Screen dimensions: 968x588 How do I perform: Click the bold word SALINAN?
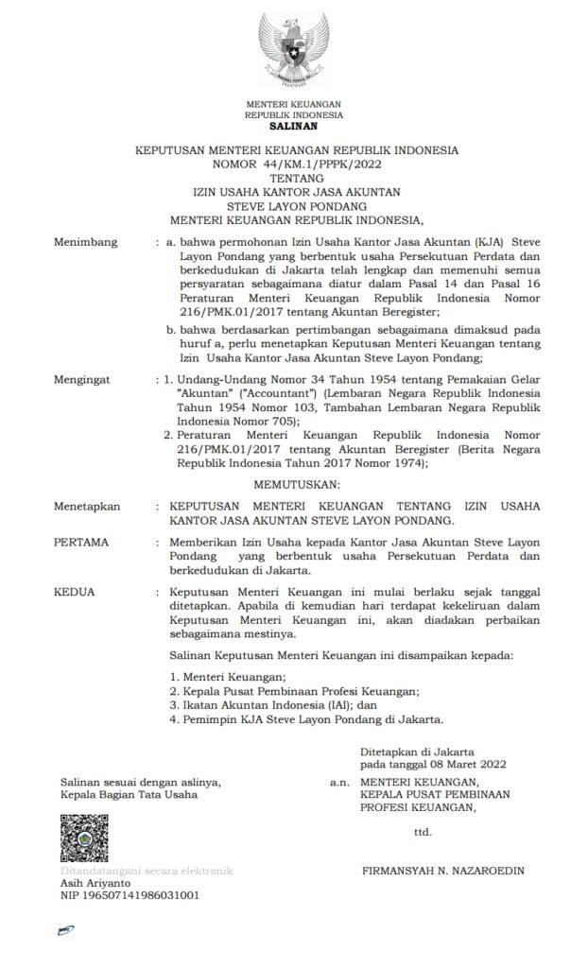tap(293, 125)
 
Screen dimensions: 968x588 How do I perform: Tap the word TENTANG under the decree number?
tap(294, 177)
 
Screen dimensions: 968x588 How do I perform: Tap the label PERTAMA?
tap(82, 543)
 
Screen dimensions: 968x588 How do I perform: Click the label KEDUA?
tap(75, 590)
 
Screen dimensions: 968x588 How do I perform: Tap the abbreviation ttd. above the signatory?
tap(423, 832)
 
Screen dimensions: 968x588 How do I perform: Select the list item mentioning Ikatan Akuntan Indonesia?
tap(272, 704)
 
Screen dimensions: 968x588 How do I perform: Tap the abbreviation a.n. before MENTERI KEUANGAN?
tap(339, 783)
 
